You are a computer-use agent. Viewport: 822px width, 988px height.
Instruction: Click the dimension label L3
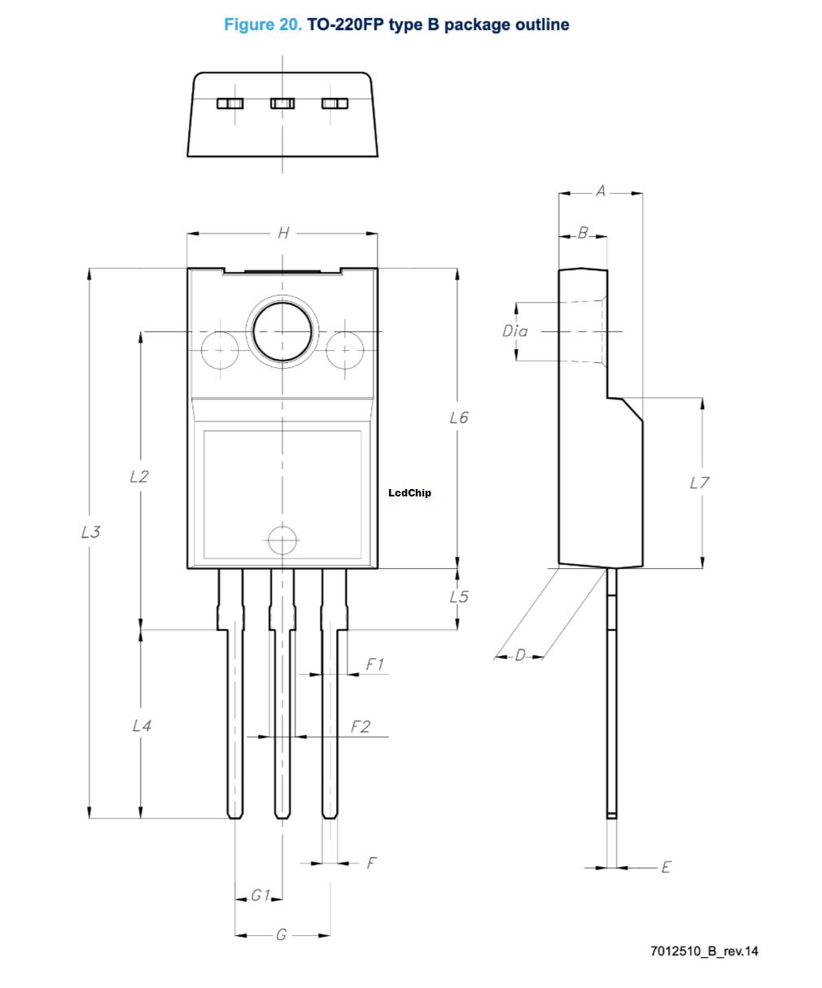[x=90, y=532]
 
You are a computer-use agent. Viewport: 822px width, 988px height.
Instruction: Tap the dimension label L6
[x=459, y=417]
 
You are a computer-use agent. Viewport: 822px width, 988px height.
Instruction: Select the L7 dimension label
[x=699, y=483]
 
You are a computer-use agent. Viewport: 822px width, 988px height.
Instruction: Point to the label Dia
[x=514, y=331]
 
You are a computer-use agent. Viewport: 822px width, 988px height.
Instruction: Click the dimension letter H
[x=282, y=234]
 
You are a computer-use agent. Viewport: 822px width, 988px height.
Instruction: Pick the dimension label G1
[x=260, y=896]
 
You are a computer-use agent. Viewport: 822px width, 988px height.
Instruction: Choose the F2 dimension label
[x=360, y=727]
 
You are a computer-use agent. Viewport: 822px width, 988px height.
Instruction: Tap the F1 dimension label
[x=374, y=665]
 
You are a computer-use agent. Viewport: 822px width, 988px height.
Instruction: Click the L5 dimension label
[x=459, y=597]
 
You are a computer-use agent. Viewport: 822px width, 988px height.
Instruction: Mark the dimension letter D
[x=520, y=655]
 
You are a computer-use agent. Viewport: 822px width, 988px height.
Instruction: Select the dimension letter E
[x=666, y=868]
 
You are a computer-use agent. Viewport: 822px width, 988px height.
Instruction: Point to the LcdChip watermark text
[x=410, y=492]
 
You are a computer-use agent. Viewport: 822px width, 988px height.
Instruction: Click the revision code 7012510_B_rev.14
[x=704, y=951]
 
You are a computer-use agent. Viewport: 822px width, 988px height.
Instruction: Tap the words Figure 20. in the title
[x=262, y=24]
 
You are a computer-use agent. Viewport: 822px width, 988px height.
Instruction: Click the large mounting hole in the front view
[x=282, y=331]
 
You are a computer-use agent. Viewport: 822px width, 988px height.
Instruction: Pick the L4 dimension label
[x=142, y=725]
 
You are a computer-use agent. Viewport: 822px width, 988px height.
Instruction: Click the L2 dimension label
[x=139, y=476]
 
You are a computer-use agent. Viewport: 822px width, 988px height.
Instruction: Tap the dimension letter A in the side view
[x=601, y=191]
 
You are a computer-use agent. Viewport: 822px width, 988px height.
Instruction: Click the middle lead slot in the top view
[x=282, y=103]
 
